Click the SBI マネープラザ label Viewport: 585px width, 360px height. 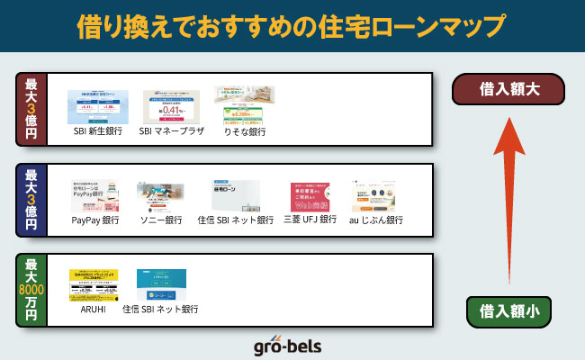172,130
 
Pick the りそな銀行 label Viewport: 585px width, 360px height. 245,131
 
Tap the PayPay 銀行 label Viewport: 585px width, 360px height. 95,220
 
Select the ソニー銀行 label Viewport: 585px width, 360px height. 161,220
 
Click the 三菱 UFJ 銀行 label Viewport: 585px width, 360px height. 310,219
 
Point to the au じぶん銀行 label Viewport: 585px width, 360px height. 376,220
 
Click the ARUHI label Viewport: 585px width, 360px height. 94,309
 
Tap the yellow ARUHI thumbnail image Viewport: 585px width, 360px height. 94,284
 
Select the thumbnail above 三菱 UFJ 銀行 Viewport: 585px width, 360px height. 310,197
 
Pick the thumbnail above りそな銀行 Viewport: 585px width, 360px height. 244,104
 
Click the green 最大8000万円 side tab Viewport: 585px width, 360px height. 31,290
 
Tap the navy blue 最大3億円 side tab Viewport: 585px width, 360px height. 31,200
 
